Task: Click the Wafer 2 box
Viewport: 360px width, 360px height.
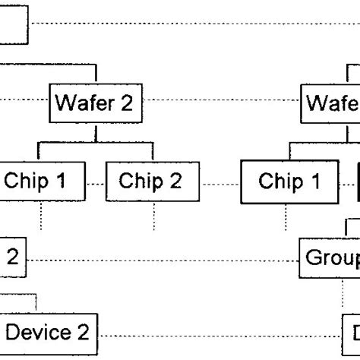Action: point(96,103)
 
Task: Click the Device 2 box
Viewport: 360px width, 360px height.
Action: point(49,333)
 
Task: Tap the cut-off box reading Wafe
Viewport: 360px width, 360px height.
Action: point(333,103)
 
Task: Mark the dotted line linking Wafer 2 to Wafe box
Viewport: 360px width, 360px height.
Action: point(224,101)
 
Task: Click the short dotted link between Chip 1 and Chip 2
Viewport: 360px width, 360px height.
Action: point(96,184)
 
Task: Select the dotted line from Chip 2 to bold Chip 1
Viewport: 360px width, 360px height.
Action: point(220,184)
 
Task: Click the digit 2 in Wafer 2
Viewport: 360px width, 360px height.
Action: point(126,103)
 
